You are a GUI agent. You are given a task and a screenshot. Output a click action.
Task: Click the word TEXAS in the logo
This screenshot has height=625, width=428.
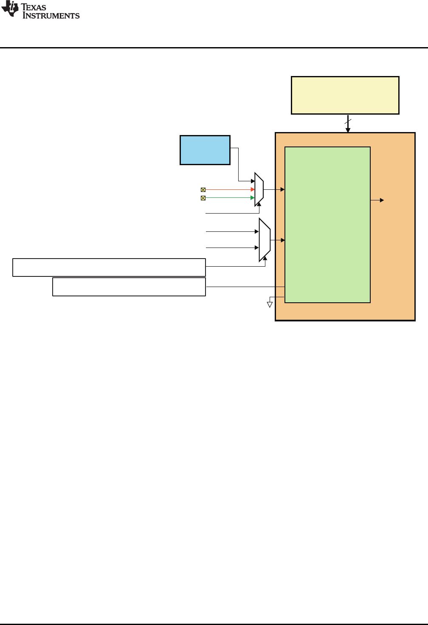tap(34, 7)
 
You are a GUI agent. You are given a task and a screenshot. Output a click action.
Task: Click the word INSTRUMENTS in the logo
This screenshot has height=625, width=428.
tap(51, 16)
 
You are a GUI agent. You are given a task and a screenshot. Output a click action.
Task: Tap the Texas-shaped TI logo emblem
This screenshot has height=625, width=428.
tap(10, 9)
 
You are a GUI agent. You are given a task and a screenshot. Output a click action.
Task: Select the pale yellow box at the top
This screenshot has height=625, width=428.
tap(345, 95)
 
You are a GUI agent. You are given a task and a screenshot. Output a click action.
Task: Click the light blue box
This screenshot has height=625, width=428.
tap(205, 150)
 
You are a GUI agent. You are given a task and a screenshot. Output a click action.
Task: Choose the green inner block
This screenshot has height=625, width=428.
tap(327, 225)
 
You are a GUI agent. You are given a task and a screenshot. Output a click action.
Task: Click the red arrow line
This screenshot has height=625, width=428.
tap(229, 190)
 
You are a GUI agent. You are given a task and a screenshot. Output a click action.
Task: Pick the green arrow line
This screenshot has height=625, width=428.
tap(229, 198)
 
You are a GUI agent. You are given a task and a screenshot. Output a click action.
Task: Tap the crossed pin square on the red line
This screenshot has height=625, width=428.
tap(203, 190)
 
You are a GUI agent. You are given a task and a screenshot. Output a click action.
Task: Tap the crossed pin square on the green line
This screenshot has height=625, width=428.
tap(203, 198)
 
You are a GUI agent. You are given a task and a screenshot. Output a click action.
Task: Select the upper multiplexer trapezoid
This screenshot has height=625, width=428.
tap(259, 189)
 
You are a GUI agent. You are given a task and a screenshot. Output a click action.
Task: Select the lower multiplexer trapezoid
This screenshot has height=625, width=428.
tap(265, 240)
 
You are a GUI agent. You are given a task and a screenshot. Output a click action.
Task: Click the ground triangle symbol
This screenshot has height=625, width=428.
tap(270, 304)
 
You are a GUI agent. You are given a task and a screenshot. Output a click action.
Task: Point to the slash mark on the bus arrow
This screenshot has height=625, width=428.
tap(348, 122)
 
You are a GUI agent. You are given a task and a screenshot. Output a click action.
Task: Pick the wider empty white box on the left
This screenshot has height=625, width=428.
tap(109, 267)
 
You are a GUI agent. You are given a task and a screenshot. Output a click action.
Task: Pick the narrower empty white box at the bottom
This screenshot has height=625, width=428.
tap(129, 287)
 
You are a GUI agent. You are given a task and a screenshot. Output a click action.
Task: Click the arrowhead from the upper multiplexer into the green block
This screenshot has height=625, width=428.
tap(282, 189)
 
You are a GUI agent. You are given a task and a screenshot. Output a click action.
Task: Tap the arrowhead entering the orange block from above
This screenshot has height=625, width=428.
tap(348, 130)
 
